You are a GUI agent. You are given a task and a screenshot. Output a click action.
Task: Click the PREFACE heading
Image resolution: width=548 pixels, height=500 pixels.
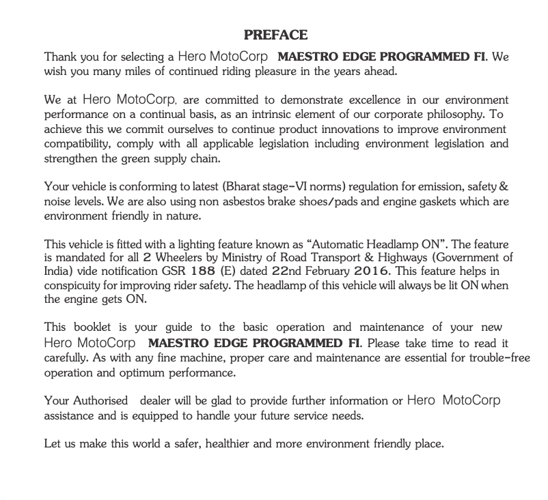275,35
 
